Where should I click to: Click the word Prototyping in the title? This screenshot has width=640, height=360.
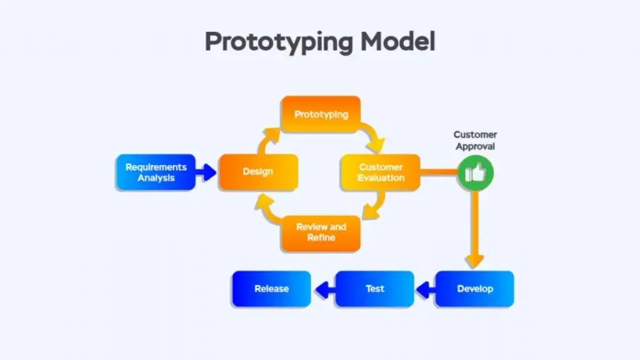pyautogui.click(x=278, y=42)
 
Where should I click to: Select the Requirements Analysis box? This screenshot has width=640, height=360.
pyautogui.click(x=156, y=172)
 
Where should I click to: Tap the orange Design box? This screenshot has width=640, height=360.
pyautogui.click(x=257, y=172)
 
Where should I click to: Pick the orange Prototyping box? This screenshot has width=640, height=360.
pyautogui.click(x=321, y=114)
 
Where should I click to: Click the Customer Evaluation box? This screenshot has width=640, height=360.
pyautogui.click(x=381, y=172)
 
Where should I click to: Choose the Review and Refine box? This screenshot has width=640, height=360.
pyautogui.click(x=321, y=232)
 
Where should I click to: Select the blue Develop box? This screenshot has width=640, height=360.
pyautogui.click(x=474, y=289)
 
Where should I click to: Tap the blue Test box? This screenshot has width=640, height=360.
pyautogui.click(x=374, y=289)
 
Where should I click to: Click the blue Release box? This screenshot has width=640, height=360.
pyautogui.click(x=271, y=289)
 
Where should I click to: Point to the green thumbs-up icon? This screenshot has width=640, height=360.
pyautogui.click(x=476, y=172)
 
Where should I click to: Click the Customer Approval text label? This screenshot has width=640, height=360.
pyautogui.click(x=475, y=141)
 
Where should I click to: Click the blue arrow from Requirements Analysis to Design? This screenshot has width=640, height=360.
pyautogui.click(x=206, y=172)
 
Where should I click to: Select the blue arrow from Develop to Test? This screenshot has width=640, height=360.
pyautogui.click(x=425, y=289)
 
